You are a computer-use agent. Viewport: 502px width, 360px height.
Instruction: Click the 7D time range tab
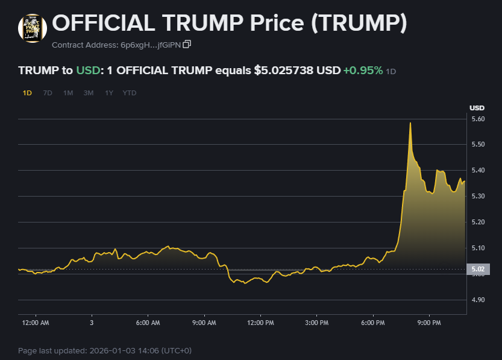coord(48,93)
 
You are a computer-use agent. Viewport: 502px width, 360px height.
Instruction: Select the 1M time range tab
coord(68,93)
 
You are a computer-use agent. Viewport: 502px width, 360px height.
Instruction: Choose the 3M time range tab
coord(89,93)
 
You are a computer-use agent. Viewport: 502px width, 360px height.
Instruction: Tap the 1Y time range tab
coord(109,93)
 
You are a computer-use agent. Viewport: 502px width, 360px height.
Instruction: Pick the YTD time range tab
coord(130,93)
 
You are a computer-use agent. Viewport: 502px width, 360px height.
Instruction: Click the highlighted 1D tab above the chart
coord(27,93)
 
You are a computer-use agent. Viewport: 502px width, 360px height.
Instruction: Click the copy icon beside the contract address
coord(187,44)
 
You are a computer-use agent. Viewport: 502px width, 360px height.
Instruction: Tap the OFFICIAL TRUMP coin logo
coord(33,28)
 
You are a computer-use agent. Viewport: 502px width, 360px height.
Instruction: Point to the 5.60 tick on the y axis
coord(477,119)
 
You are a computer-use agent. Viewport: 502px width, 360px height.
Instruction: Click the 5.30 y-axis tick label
coord(477,197)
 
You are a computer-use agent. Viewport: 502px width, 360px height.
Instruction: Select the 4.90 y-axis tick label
coord(477,300)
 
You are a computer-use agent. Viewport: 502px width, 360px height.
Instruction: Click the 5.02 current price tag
coord(477,269)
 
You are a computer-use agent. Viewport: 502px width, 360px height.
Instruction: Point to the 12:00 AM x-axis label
coord(36,323)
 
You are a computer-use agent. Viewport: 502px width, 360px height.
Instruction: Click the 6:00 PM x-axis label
coord(373,323)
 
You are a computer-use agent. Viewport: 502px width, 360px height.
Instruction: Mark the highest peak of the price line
coord(410,123)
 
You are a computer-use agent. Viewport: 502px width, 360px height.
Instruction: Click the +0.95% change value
coord(363,71)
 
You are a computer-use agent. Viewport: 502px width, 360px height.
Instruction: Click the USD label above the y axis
coord(477,108)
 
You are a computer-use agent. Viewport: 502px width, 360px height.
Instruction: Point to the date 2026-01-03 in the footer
coord(109,350)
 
